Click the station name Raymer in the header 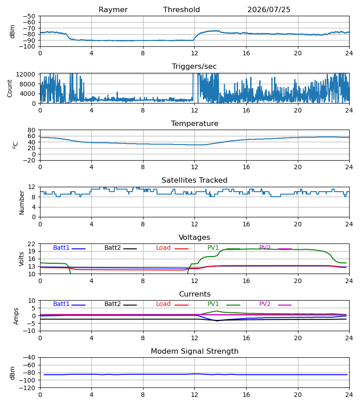point(113,10)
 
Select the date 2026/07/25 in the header point(269,10)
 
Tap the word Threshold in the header point(181,10)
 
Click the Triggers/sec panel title point(194,67)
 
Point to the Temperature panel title point(194,123)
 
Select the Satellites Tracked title point(194,180)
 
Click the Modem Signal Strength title point(194,351)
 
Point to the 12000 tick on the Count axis point(26,74)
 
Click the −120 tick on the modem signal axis point(29,388)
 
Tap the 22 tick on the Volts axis point(31,244)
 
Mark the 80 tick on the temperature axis point(31,130)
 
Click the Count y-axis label point(9,88)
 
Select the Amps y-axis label point(16,316)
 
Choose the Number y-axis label point(22,203)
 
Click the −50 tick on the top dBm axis point(29,16)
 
